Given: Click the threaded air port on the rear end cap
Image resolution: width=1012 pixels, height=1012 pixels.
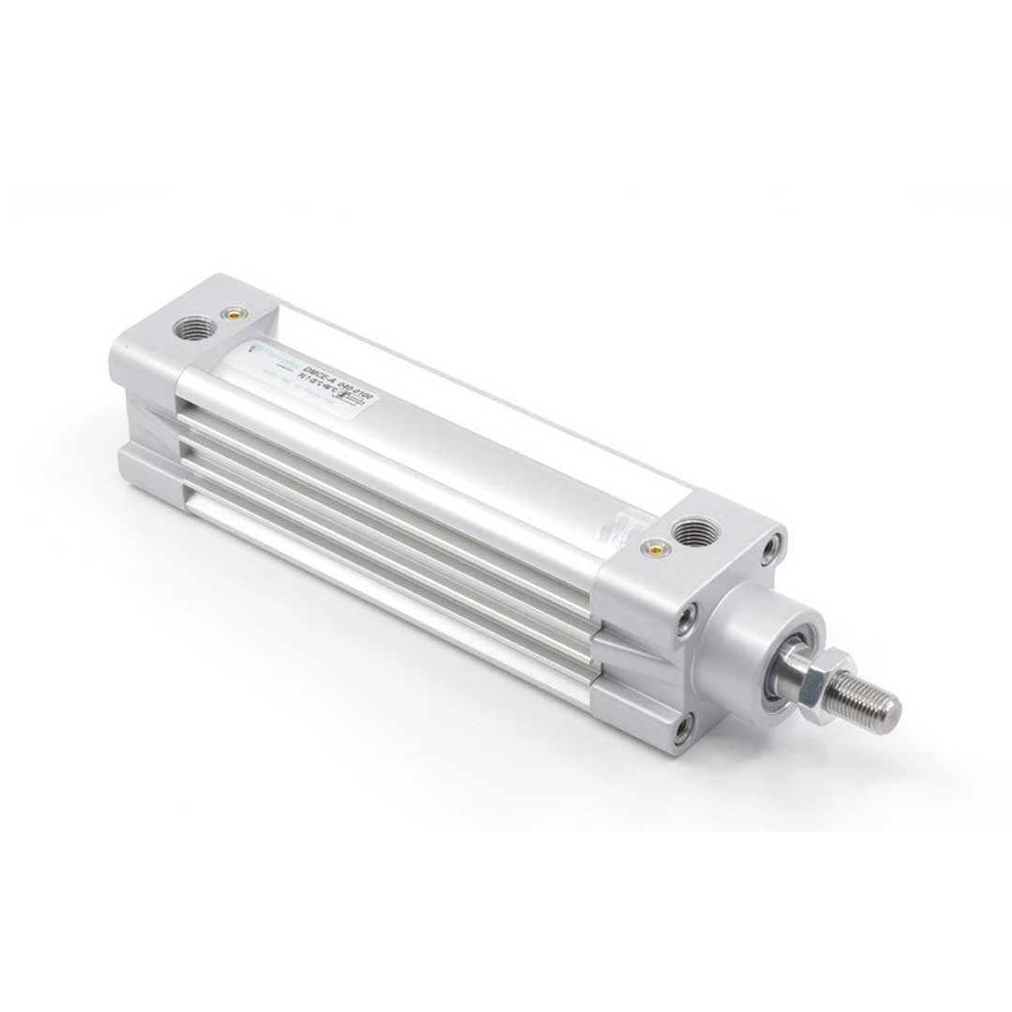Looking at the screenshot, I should click(x=195, y=328).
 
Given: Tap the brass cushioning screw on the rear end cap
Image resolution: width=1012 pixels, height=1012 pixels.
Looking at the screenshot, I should click(x=229, y=314).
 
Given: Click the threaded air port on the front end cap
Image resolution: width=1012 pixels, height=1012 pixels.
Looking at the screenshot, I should click(x=694, y=532).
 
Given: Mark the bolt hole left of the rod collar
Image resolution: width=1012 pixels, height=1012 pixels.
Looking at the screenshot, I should click(x=687, y=616).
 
